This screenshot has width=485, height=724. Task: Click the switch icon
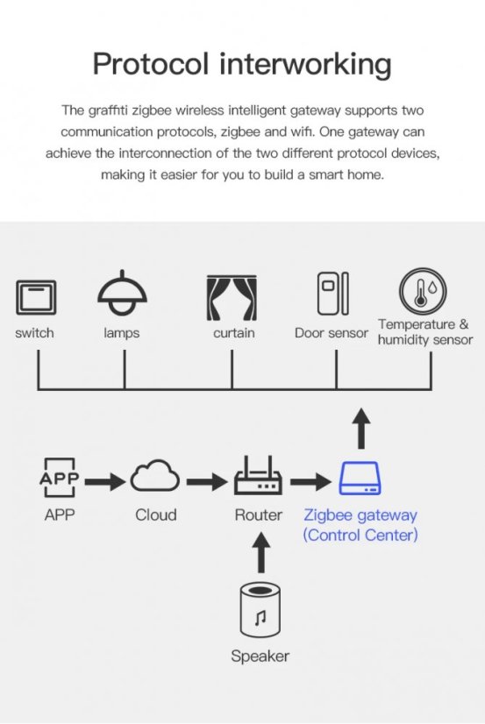point(35,297)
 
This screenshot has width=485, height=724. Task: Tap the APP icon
point(60,479)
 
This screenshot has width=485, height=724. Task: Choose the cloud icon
point(155,479)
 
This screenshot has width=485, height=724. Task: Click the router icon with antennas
point(258,479)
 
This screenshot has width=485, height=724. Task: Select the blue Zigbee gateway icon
point(360,479)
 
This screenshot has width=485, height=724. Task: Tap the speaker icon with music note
point(260,611)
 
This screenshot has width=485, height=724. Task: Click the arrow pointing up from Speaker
point(260,553)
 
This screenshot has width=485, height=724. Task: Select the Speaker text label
point(260,656)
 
